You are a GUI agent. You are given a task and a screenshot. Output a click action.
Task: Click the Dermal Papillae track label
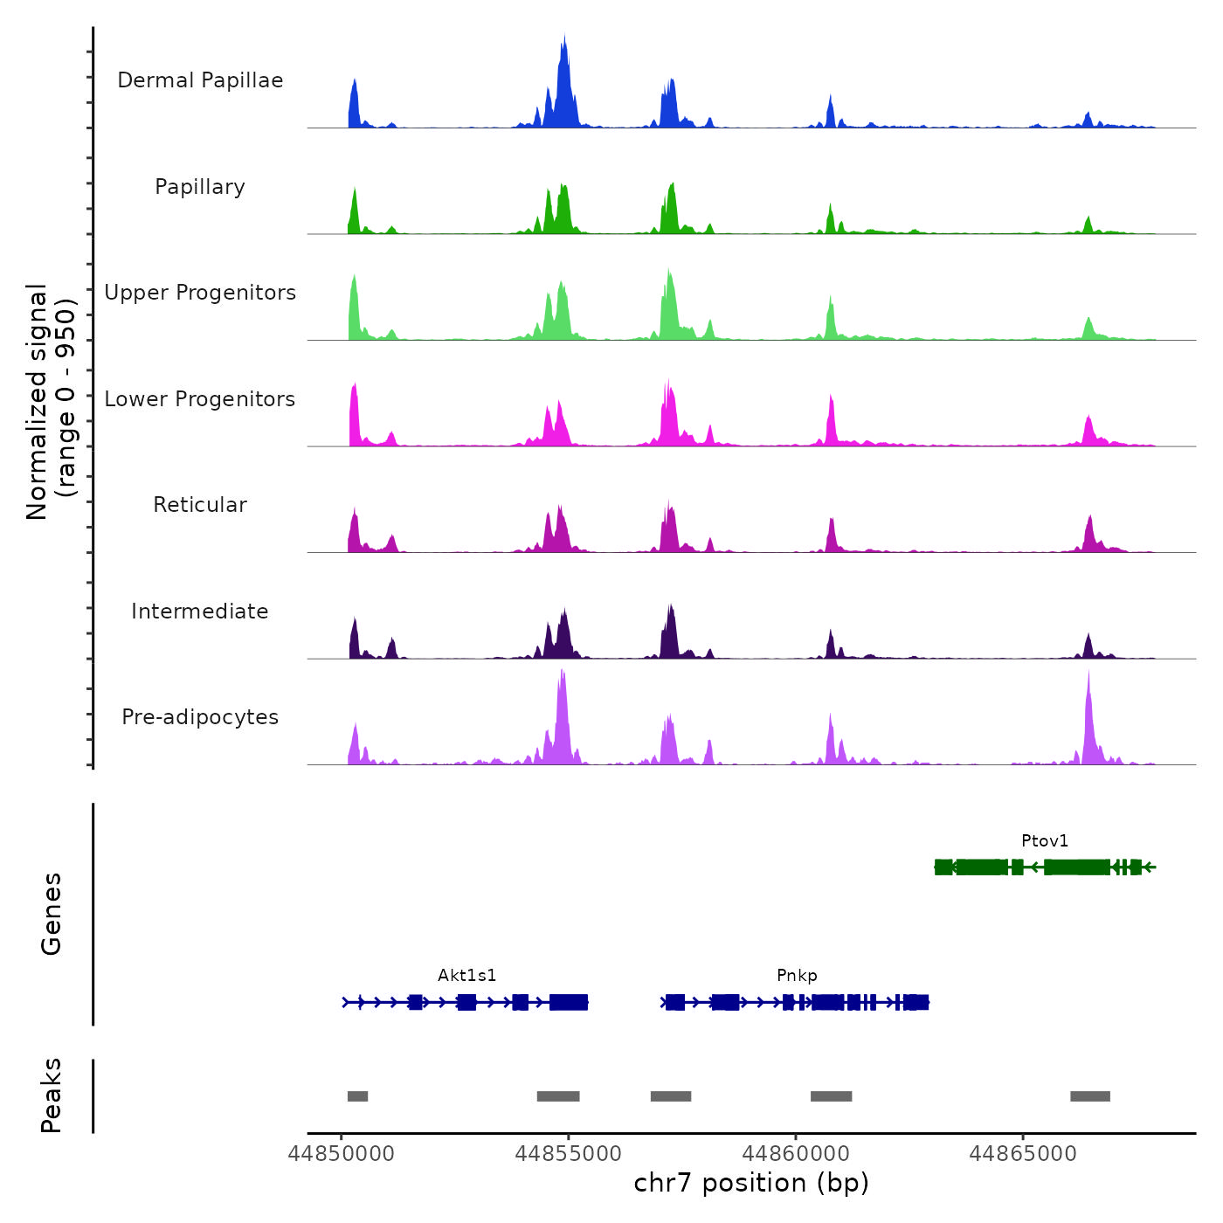(x=200, y=80)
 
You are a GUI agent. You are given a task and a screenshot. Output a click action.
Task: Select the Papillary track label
(x=200, y=187)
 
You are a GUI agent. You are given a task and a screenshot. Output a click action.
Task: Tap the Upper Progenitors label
(x=200, y=293)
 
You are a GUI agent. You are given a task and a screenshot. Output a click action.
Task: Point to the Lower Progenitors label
(x=200, y=399)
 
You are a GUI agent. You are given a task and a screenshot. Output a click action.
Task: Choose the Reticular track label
(x=200, y=505)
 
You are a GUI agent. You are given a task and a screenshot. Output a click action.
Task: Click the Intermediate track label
(x=200, y=611)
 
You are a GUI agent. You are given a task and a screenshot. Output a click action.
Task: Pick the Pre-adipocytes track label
(x=200, y=717)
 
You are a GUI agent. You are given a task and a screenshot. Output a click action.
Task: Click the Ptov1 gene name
(x=1045, y=841)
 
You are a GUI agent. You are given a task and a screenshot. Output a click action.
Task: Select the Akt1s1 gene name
(x=466, y=976)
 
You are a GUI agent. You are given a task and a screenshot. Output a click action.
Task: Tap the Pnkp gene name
(x=797, y=976)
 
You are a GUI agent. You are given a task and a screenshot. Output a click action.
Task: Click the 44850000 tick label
(x=342, y=1154)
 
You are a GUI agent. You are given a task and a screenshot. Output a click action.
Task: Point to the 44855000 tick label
(x=569, y=1154)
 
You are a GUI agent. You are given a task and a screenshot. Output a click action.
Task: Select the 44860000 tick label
(x=796, y=1154)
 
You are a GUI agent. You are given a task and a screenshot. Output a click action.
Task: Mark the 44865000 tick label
(x=1023, y=1154)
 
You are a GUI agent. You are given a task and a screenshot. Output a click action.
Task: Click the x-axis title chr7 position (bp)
(x=751, y=1184)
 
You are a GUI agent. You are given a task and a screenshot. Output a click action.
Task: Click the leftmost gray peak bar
(x=357, y=1096)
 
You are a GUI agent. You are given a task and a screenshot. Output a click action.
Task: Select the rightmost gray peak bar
(x=1090, y=1096)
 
